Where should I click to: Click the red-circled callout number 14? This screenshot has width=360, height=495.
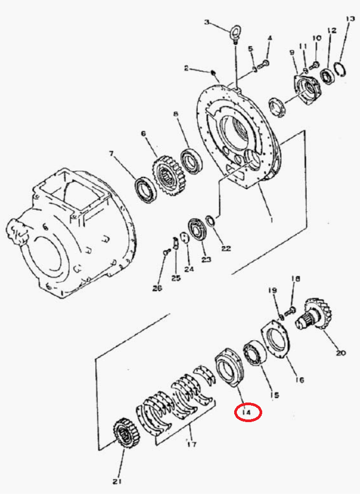(x=246, y=412)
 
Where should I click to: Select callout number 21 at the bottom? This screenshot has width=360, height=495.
(x=117, y=481)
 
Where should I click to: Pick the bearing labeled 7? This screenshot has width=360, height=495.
(x=145, y=190)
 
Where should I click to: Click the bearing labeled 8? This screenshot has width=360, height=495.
(x=192, y=161)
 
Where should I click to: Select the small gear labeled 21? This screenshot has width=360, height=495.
(x=126, y=433)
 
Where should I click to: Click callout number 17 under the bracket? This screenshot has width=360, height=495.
(x=192, y=444)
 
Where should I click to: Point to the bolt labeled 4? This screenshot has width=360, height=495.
(x=263, y=65)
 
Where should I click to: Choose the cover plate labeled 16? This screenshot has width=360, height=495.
(x=275, y=339)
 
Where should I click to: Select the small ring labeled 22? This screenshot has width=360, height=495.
(x=210, y=220)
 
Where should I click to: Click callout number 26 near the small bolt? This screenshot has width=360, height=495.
(x=157, y=288)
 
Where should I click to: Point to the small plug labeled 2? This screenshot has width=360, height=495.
(x=214, y=73)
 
